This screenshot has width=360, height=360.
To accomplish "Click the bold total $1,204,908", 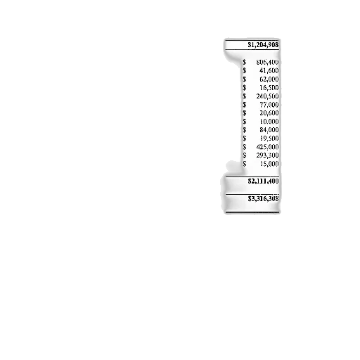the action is pyautogui.click(x=263, y=44).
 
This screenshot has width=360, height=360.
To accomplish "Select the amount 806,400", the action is pyautogui.click(x=267, y=62).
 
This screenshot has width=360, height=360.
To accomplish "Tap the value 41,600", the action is pyautogui.click(x=269, y=70).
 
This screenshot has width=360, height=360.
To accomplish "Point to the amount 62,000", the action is pyautogui.click(x=269, y=79).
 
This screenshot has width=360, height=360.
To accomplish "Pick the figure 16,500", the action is pyautogui.click(x=269, y=87).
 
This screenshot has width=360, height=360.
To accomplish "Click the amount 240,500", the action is pyautogui.click(x=267, y=96).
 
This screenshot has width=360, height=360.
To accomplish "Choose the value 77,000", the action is pyautogui.click(x=269, y=104).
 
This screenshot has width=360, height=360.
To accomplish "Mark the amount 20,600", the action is pyautogui.click(x=269, y=112).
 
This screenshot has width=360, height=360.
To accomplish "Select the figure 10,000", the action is pyautogui.click(x=269, y=121).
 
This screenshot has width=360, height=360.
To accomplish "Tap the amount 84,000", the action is pyautogui.click(x=269, y=129).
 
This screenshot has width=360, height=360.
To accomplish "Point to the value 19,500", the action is pyautogui.click(x=269, y=138).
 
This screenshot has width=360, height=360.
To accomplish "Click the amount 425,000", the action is pyautogui.click(x=267, y=147).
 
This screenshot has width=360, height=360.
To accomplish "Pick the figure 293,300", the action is pyautogui.click(x=267, y=155).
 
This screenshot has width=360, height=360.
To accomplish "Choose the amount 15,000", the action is pyautogui.click(x=269, y=164).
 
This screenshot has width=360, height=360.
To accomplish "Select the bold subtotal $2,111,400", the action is pyautogui.click(x=263, y=181).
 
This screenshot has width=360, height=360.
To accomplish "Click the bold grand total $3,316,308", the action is pyautogui.click(x=263, y=199).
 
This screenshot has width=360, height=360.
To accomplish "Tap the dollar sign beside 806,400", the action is pyautogui.click(x=245, y=62).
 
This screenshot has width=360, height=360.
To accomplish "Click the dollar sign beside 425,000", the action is pyautogui.click(x=245, y=147).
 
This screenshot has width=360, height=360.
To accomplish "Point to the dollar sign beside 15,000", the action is pyautogui.click(x=245, y=164).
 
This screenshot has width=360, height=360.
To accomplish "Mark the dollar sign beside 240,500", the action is pyautogui.click(x=245, y=96).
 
